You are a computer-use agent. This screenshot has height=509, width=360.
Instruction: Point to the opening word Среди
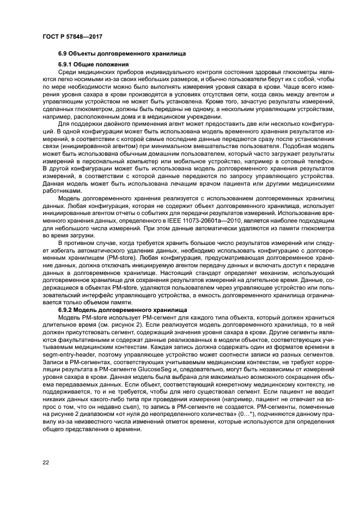click(x=66, y=72)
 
